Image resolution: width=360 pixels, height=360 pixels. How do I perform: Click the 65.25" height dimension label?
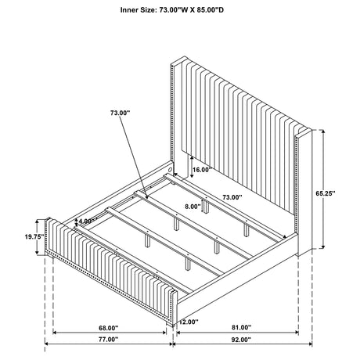[x=326, y=193]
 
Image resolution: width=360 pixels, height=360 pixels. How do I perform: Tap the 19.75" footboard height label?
[x=34, y=236]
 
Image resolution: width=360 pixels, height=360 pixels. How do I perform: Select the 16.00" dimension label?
[x=202, y=170]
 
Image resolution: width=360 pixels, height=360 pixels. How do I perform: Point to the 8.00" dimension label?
[x=193, y=207]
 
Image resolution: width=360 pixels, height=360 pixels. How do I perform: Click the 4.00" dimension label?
[x=85, y=221]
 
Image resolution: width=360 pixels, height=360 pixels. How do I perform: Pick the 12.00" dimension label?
[x=189, y=322]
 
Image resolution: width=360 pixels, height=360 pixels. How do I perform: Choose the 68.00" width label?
[x=109, y=328]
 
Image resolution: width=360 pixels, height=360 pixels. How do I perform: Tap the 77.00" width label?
[x=109, y=340]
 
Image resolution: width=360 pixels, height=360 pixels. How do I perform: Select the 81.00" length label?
[x=241, y=327]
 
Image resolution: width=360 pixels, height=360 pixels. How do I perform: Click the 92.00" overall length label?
[x=241, y=340]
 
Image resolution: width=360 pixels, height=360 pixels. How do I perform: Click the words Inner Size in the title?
[x=138, y=10]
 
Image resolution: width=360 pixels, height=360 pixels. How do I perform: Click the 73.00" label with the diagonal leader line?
[x=120, y=113]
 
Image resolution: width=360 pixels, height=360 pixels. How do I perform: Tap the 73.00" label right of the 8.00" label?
[x=232, y=197]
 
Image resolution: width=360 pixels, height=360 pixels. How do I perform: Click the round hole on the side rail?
[x=170, y=168]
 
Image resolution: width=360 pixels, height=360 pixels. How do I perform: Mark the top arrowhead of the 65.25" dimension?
[x=323, y=131]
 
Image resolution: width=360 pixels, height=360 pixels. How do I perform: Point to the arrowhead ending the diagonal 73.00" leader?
[x=147, y=197]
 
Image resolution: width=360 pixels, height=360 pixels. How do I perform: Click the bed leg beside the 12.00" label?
[x=171, y=323]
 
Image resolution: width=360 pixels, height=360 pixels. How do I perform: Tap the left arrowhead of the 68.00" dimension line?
[x=55, y=333]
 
